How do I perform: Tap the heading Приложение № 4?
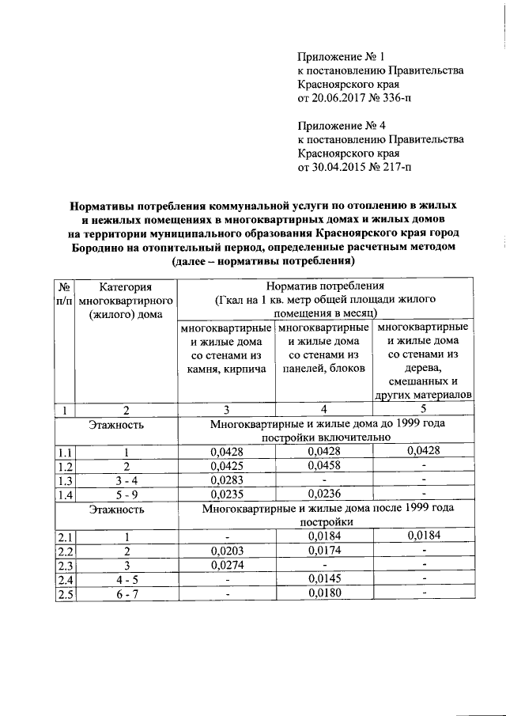[341, 125]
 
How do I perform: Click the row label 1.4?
[65, 494]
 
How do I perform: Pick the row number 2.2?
[65, 551]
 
